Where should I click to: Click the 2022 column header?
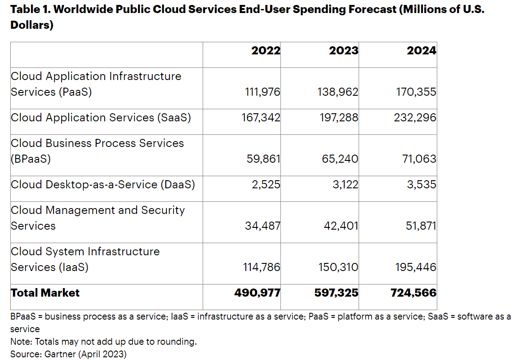pos(266,51)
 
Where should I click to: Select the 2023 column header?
pos(343,51)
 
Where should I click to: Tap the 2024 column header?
pos(421,51)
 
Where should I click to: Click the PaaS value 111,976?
pos(262,92)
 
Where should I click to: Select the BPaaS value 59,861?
pos(263,159)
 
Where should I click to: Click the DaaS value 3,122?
pos(345,184)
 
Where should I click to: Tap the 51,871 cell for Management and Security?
pos(422,226)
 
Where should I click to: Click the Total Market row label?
pos(45,293)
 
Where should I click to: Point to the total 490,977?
pos(257,293)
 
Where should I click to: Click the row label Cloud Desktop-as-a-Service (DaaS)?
pos(103,184)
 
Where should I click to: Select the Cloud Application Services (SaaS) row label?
pos(101,118)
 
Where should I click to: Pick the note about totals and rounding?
pos(103,342)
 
